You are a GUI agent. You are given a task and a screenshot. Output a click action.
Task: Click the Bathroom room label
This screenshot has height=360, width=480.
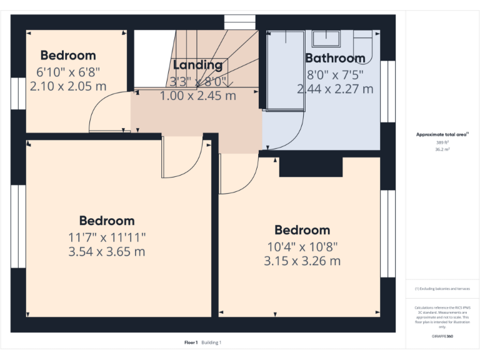click(335, 58)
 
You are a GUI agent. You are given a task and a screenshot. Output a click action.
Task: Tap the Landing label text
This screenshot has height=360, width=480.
click(197, 64)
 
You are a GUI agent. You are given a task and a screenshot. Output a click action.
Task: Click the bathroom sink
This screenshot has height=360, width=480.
click(325, 39)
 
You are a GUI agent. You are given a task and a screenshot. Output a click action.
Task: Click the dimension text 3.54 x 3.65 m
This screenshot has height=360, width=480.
click(106, 252)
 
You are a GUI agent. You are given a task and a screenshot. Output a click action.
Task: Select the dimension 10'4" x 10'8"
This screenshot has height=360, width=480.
click(302, 246)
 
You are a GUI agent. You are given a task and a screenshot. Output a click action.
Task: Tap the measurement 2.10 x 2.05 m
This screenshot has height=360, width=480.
click(68, 86)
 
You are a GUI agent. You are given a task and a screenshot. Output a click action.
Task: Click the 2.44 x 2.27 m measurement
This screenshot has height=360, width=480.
click(335, 89)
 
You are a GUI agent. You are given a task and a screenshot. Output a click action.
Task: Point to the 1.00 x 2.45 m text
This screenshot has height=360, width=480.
click(197, 96)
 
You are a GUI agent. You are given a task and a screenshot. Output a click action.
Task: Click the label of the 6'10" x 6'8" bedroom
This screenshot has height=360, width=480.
click(68, 56)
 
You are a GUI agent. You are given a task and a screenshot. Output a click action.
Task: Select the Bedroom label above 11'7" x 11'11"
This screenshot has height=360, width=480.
click(106, 221)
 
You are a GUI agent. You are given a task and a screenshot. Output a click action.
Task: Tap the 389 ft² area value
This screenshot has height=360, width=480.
click(442, 142)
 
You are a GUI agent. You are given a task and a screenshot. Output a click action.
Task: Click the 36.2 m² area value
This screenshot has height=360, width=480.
click(442, 150)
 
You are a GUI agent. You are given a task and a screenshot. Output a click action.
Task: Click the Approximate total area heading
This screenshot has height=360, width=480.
click(442, 134)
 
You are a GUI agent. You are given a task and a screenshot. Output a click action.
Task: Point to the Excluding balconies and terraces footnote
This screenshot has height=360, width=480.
click(442, 289)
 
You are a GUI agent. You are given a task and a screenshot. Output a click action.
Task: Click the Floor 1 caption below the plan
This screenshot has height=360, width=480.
click(191, 342)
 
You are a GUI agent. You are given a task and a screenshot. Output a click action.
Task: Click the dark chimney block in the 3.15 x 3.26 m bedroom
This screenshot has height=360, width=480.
click(311, 167)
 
